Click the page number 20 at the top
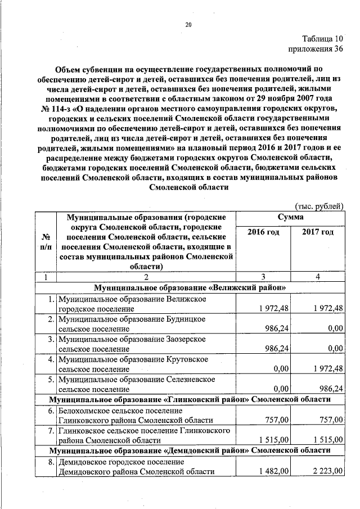[188, 24]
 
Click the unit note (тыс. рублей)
[318, 205]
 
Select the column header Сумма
[290, 217]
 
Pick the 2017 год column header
[318, 232]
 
